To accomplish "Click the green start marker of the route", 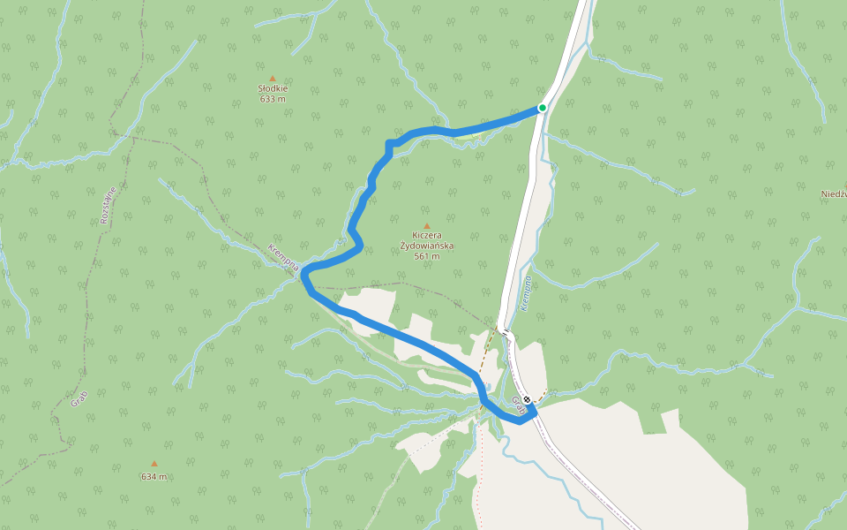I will pos(543,108).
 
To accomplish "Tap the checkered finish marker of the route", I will pos(527,399).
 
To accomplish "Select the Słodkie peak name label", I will pos(273,88).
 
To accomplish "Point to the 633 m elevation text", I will pos(273,99).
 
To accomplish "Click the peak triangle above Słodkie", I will pos(273,79).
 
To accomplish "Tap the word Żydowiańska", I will pos(426,246).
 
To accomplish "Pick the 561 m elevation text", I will pos(426,256).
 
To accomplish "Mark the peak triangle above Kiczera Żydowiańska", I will pos(427,225).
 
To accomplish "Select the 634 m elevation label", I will pos(154,477).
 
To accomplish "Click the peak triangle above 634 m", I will pos(154,464).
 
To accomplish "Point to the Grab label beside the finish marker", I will pos(519,407).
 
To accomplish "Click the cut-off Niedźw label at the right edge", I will pos(833,193).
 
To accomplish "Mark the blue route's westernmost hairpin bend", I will pos(304,276).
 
